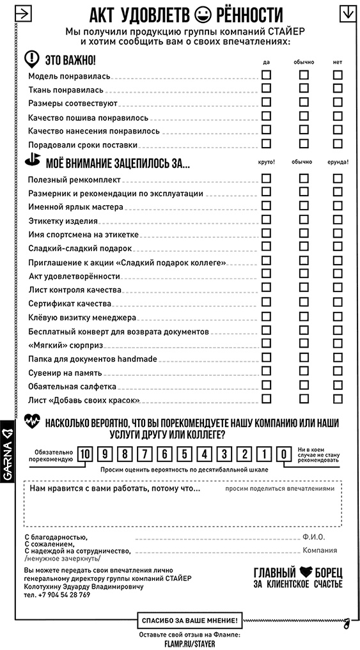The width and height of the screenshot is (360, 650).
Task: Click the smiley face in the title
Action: coord(204,13)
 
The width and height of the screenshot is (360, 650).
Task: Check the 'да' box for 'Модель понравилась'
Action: coord(266,75)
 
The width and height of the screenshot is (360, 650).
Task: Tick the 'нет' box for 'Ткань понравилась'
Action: coord(338,89)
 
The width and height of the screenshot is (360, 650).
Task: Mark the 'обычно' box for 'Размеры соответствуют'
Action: coord(304,102)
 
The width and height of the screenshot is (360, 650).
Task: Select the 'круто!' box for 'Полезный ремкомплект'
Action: coord(266,178)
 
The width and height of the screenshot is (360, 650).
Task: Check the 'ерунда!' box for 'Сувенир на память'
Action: coord(338,371)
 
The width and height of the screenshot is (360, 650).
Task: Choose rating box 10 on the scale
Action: coord(85,454)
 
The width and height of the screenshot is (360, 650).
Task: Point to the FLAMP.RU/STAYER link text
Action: coord(189,644)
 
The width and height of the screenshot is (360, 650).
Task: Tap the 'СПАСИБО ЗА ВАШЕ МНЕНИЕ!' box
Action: coord(189,620)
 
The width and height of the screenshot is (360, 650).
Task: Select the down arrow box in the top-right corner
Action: coord(348,13)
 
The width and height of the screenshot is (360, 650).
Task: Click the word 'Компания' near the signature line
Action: coord(320,550)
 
